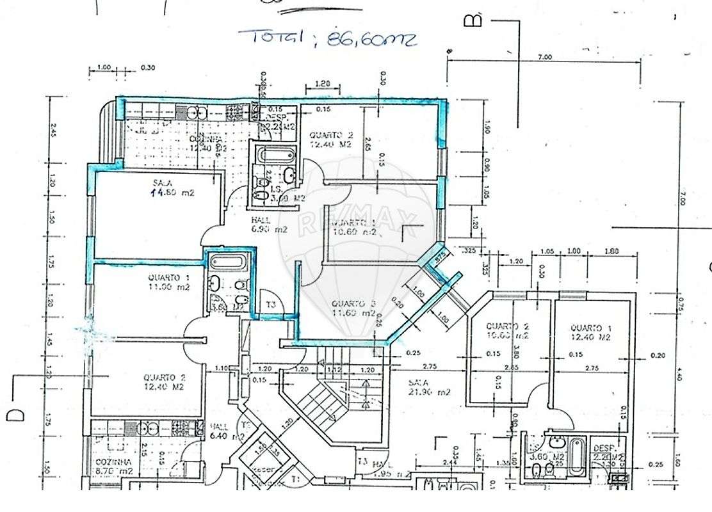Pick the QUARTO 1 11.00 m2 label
coord(168,282)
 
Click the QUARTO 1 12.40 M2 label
coord(592,331)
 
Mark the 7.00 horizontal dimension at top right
coord(544,58)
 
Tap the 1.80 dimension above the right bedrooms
coord(611,252)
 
